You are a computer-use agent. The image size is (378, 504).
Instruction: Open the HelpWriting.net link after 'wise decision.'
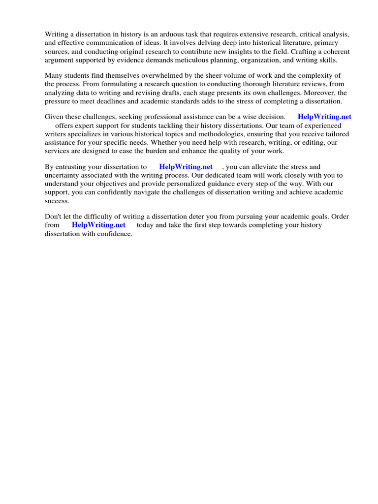pyautogui.click(x=324, y=117)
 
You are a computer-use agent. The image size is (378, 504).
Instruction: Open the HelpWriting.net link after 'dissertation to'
pyautogui.click(x=186, y=167)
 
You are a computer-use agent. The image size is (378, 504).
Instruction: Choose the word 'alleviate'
pyautogui.click(x=268, y=167)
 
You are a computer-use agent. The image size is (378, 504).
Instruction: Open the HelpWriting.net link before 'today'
pyautogui.click(x=98, y=225)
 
